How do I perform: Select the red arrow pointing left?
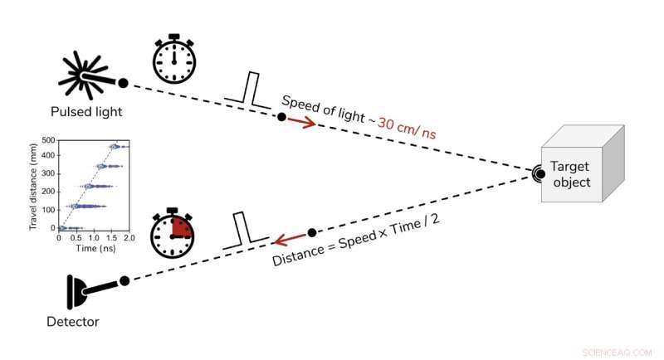287,240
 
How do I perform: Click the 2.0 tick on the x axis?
129,237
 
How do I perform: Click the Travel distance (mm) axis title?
34,183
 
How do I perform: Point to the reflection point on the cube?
539,174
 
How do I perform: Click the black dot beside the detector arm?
124,280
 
